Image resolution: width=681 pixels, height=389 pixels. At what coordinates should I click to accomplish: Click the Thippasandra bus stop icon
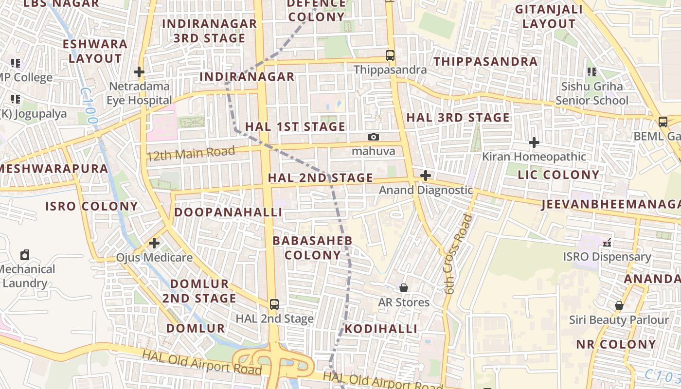click(390, 55)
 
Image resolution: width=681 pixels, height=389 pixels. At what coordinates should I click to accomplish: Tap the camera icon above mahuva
click(374, 137)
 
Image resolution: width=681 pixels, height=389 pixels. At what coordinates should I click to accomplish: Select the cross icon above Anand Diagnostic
click(426, 176)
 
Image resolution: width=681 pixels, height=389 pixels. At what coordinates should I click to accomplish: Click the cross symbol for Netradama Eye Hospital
click(139, 72)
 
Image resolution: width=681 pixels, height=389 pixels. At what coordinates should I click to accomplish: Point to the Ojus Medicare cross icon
click(154, 243)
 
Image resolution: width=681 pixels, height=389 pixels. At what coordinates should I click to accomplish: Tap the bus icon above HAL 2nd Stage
click(274, 304)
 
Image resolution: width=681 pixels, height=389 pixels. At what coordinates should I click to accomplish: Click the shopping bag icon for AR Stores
click(404, 288)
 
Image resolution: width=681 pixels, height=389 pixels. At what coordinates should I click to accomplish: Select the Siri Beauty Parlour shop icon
click(619, 305)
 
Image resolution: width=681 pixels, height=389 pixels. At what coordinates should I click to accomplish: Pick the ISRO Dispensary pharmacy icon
click(607, 242)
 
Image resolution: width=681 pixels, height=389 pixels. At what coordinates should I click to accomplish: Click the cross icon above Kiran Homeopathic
click(534, 142)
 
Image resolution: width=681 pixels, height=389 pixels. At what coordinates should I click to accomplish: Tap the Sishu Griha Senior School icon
click(592, 72)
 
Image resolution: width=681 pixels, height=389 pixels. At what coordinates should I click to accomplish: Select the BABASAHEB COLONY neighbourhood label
click(312, 248)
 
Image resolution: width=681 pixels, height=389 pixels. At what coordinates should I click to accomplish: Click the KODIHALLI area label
click(381, 329)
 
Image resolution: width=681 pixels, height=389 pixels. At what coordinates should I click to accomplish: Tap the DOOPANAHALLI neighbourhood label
click(228, 212)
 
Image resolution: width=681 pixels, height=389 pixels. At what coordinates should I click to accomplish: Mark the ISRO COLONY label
click(92, 206)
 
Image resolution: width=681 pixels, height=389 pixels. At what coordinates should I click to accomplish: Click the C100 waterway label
click(90, 106)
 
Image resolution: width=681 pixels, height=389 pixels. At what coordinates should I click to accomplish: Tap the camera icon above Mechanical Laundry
click(25, 255)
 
